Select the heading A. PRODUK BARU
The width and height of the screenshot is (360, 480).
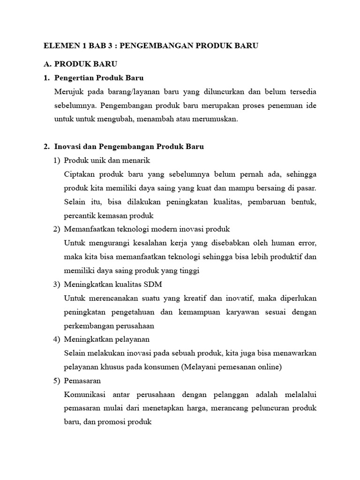[x=80, y=63]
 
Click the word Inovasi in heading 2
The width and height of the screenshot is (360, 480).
[x=67, y=147]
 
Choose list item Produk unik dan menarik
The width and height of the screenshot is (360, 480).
[x=107, y=160]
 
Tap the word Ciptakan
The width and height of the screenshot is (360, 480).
[x=78, y=174]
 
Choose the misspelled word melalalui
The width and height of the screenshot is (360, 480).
[x=300, y=395]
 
